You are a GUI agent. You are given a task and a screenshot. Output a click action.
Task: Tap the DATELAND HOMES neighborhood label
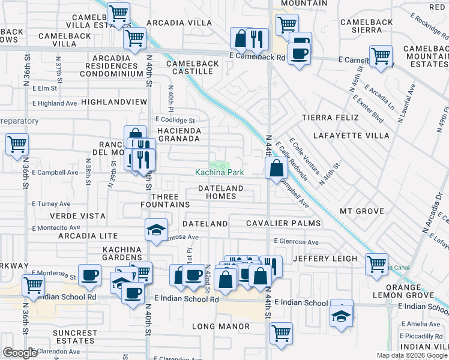click(221, 193)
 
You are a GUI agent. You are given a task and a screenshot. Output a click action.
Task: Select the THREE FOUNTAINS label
click(170, 200)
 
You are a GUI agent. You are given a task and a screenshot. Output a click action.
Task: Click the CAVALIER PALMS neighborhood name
click(284, 223)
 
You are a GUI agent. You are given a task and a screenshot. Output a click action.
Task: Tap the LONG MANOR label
click(220, 326)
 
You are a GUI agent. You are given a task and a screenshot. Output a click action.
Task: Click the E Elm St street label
click(45, 88)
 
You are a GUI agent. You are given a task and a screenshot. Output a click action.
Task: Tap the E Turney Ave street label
click(52, 204)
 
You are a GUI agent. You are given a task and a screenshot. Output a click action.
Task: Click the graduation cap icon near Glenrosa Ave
click(156, 230)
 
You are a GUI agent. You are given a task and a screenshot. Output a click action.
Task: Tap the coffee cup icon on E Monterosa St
click(90, 274)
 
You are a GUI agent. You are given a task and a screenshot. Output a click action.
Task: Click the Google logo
click(20, 353)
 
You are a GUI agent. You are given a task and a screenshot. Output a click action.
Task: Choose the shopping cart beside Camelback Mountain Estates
click(381, 56)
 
